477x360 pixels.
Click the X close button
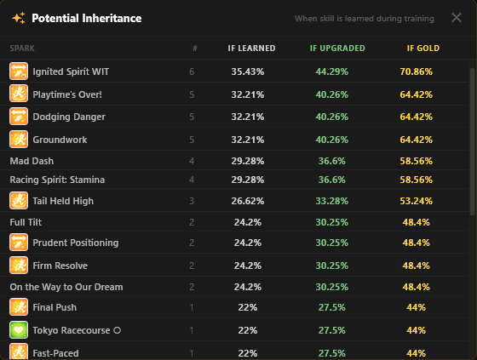tap(457, 18)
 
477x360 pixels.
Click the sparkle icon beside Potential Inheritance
tap(19, 18)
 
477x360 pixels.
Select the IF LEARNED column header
tap(251, 49)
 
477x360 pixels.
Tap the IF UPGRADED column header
tap(337, 49)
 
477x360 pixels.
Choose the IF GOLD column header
tap(423, 49)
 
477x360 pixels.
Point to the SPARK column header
tap(22, 49)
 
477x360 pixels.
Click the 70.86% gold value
tap(417, 71)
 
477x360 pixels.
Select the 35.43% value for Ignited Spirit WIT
tap(248, 71)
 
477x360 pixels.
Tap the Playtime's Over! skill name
tap(67, 94)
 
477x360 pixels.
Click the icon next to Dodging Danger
tap(19, 117)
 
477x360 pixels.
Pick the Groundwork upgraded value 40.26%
tap(332, 140)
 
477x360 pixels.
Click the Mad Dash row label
tap(32, 161)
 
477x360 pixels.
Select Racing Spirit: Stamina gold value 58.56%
tap(417, 180)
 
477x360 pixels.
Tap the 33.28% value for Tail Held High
tap(332, 201)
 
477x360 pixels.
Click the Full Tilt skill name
tap(26, 222)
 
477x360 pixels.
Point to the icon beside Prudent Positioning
tap(19, 243)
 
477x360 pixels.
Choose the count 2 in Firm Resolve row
tap(192, 266)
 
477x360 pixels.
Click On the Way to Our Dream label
tap(66, 287)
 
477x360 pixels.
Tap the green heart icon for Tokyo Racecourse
tap(19, 330)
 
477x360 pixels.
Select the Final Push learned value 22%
tap(248, 307)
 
